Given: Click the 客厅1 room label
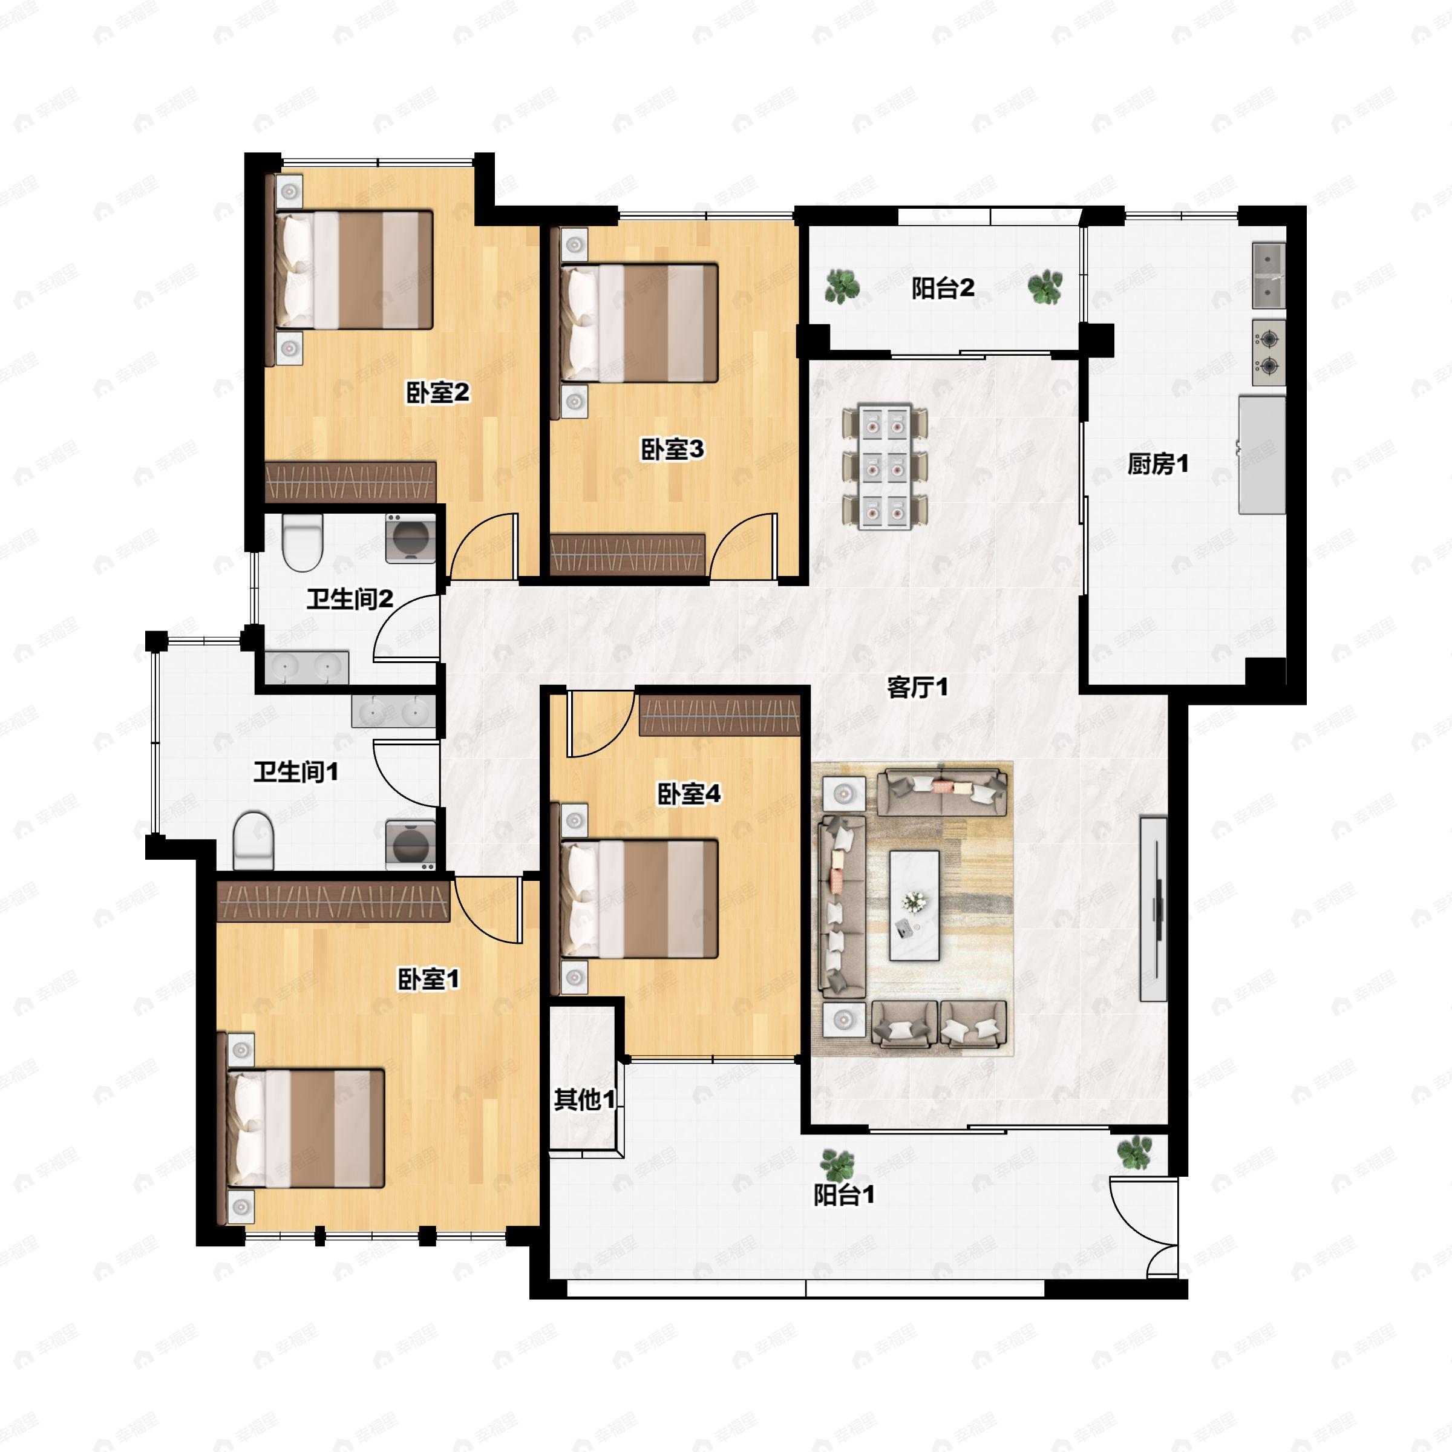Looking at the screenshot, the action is [917, 687].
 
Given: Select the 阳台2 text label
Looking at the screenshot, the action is [943, 288].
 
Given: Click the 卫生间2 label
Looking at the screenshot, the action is [350, 599].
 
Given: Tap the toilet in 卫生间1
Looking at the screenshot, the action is [252, 840].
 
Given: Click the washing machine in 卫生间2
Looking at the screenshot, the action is [410, 538].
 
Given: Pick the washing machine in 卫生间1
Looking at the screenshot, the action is [410, 845].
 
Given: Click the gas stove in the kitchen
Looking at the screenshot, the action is [1269, 353].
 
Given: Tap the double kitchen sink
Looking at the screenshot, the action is [1269, 275].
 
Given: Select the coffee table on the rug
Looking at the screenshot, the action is [914, 906].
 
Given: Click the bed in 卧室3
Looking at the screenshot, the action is [639, 323].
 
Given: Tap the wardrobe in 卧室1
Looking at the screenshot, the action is [333, 901].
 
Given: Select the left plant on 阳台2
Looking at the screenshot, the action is [843, 286].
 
